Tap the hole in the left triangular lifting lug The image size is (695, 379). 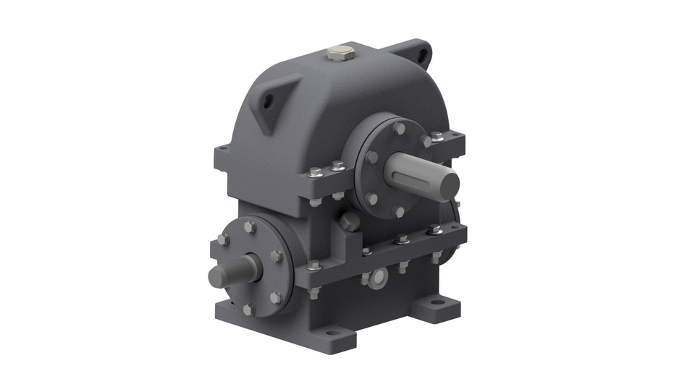(x=269, y=102)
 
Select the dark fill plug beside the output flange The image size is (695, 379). (x=349, y=221)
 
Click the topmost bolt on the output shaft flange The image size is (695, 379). (x=399, y=128)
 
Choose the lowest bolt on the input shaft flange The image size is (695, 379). (x=249, y=309)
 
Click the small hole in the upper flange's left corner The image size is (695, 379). (x=224, y=149)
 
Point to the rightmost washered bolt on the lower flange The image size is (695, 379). (x=434, y=230)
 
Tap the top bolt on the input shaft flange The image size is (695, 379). (x=250, y=226)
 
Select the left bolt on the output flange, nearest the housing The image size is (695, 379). (x=371, y=156)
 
